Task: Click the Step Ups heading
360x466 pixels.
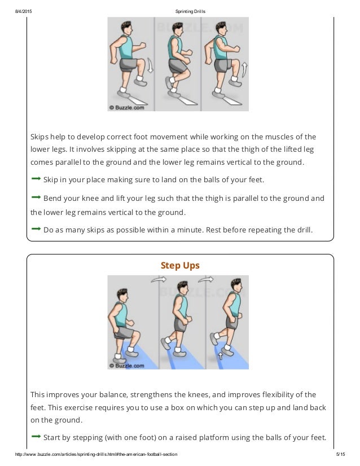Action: pos(180,265)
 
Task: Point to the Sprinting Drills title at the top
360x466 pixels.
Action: pos(180,5)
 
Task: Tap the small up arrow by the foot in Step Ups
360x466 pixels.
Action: pos(221,356)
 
